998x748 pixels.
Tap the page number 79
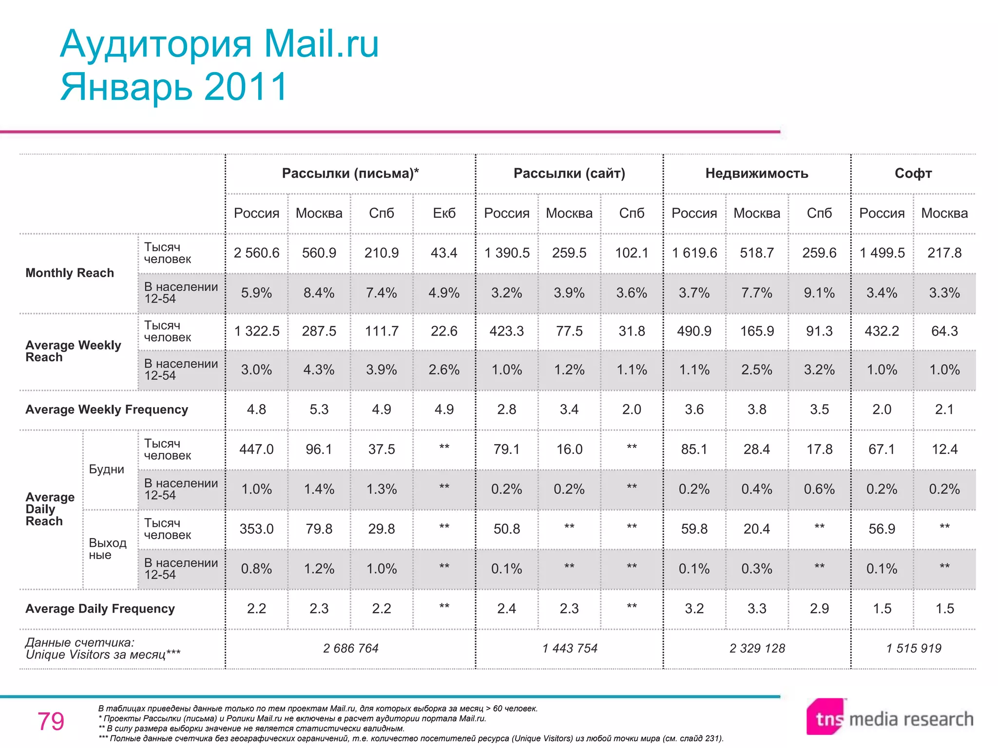(x=51, y=721)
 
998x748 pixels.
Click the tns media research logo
(x=889, y=718)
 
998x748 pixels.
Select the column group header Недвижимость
(x=756, y=173)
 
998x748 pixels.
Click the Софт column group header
(x=913, y=173)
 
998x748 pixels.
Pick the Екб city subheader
(x=444, y=213)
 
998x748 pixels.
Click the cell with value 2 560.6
(x=256, y=253)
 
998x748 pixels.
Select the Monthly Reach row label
(x=70, y=273)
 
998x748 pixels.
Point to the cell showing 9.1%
(x=819, y=293)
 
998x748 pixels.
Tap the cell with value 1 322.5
(x=256, y=331)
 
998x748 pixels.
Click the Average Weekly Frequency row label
(x=107, y=410)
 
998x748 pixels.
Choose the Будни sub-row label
(x=106, y=469)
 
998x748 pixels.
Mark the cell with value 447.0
(x=256, y=449)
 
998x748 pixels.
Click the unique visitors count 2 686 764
(x=350, y=648)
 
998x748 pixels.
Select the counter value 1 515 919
(x=913, y=648)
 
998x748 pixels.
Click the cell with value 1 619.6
(x=694, y=253)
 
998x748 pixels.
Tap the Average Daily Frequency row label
(x=100, y=609)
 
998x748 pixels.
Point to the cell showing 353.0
(x=256, y=529)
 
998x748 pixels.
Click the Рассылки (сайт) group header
(x=569, y=173)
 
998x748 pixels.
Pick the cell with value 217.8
(x=944, y=253)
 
